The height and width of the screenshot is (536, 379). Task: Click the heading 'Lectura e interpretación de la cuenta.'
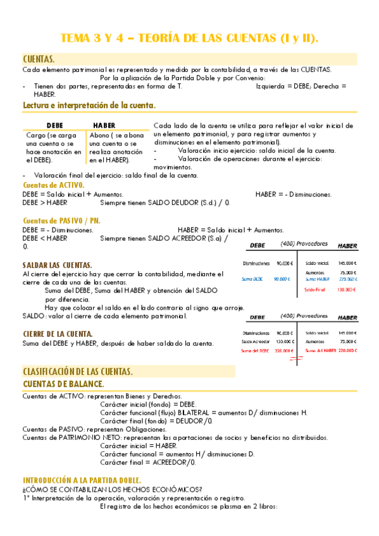pos(89,105)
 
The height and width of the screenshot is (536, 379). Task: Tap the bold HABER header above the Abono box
pos(104,125)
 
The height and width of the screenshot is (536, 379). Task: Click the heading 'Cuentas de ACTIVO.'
pos(53,185)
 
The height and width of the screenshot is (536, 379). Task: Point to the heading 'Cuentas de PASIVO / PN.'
pos(61,221)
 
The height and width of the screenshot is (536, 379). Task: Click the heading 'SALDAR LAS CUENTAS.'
pos(58,265)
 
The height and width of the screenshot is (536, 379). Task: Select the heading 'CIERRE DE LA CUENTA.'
pos(58,333)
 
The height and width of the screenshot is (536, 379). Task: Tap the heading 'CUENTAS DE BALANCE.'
pos(63,384)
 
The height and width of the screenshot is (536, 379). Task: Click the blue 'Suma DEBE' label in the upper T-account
pos(253,279)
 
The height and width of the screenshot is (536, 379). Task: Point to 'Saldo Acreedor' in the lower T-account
pos(256,341)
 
